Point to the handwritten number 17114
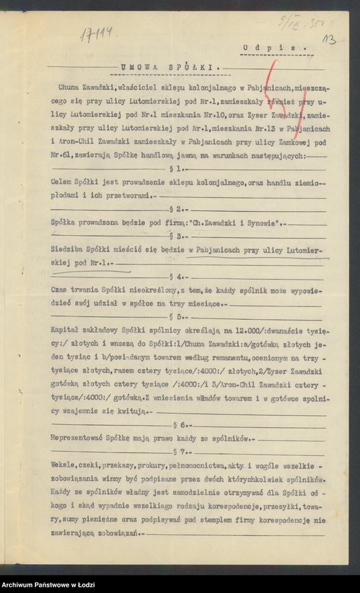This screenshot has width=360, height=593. pos(99,34)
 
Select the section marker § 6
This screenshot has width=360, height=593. pos(184,425)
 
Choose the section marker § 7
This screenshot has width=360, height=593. pos(184,451)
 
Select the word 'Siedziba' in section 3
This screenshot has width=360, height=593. pos(69,249)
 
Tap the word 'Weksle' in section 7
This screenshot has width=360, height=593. pos(65,465)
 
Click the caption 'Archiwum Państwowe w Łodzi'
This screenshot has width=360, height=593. pos(42,585)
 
